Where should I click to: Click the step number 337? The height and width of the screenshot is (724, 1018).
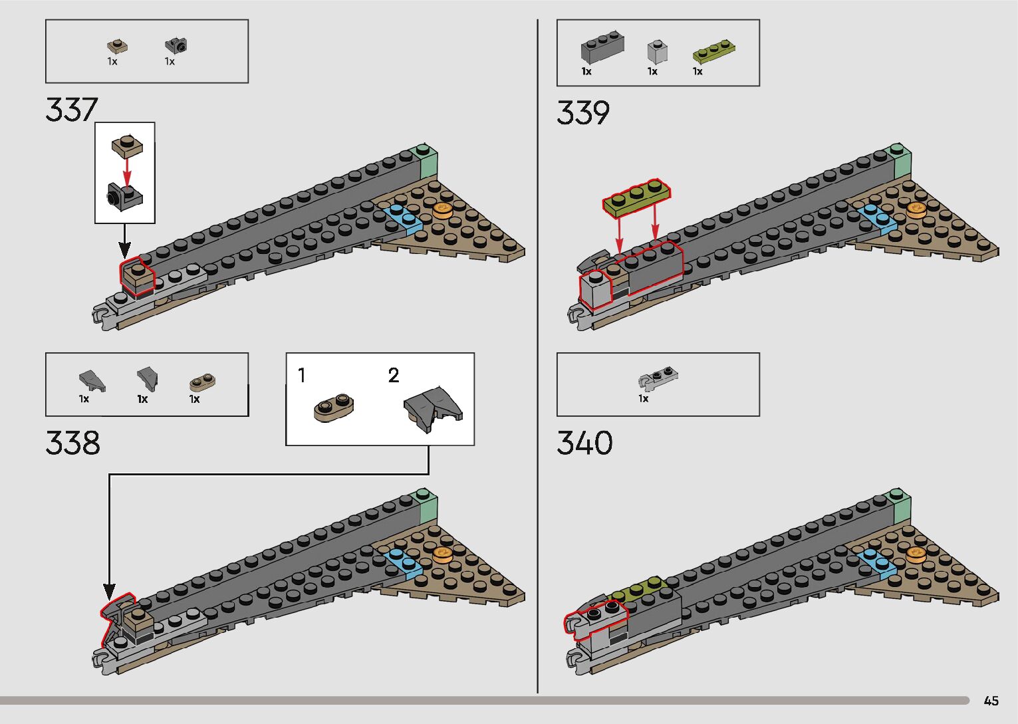tap(72, 110)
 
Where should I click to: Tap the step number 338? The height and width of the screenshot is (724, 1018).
tap(72, 443)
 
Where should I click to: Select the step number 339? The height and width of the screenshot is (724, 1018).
tap(583, 112)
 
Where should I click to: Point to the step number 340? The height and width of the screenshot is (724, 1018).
tap(584, 443)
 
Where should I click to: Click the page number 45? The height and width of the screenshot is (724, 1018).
tap(991, 701)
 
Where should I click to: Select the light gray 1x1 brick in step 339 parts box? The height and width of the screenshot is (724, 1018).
tap(656, 51)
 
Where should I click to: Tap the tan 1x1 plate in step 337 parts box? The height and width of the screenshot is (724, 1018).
tap(117, 47)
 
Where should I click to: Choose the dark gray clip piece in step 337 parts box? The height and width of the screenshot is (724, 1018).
tap(176, 45)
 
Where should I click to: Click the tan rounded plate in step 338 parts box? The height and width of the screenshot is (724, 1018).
tap(199, 383)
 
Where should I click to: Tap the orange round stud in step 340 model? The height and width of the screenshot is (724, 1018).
tap(916, 553)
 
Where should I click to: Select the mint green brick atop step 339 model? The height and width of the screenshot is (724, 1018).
tap(900, 160)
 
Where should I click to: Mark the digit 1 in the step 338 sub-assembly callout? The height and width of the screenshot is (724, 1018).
tap(302, 376)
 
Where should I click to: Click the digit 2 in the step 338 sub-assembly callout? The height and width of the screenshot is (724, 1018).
tap(394, 376)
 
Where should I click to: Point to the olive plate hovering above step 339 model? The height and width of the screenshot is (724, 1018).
tap(636, 197)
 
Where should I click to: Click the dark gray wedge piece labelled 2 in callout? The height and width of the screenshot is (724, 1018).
tap(432, 408)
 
